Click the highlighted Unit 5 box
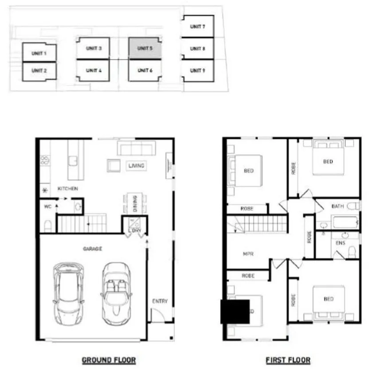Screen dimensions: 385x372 click(x=144, y=48)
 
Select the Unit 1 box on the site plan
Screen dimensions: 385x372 click(x=39, y=53)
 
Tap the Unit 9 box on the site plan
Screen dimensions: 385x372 click(x=197, y=70)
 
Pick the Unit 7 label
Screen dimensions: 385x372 click(x=197, y=27)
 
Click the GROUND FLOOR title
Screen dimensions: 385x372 click(x=109, y=360)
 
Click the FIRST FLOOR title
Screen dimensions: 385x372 click(x=288, y=360)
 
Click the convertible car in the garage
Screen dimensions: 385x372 click(x=116, y=292)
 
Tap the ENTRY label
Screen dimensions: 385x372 click(x=160, y=301)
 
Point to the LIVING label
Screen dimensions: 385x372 click(x=136, y=166)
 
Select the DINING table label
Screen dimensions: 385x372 click(x=134, y=203)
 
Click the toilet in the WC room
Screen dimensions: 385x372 click(x=48, y=226)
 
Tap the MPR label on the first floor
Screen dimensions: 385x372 click(x=248, y=254)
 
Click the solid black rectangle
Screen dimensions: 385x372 click(x=235, y=311)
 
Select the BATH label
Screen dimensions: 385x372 click(x=338, y=206)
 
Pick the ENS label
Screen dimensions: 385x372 click(x=341, y=243)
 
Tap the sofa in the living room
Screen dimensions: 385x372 click(x=136, y=148)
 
